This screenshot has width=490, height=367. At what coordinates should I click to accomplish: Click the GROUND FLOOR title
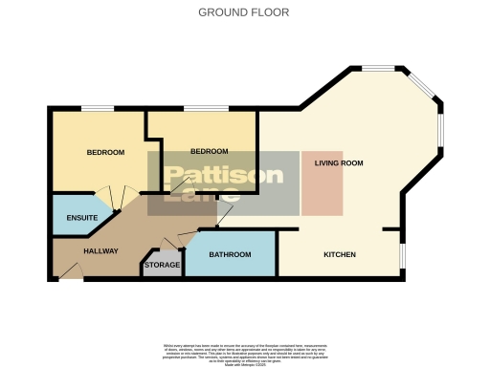pos(243,12)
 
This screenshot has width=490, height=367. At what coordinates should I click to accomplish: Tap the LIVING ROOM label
pos(339,163)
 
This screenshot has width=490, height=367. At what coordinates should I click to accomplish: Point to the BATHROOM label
pos(230,254)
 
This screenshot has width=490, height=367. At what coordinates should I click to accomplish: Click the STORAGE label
pos(161,266)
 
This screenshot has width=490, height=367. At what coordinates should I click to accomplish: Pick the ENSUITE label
pos(81,218)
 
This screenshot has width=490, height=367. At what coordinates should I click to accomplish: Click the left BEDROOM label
pos(105,152)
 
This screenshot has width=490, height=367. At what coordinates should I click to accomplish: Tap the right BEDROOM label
pos(209,151)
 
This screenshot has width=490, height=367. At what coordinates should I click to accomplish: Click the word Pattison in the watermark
pos(222,175)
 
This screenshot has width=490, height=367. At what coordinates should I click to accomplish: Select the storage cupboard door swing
pos(173,244)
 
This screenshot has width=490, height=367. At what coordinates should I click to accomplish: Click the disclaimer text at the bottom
pos(244,350)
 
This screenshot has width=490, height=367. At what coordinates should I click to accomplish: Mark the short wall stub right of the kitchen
pos(390,229)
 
